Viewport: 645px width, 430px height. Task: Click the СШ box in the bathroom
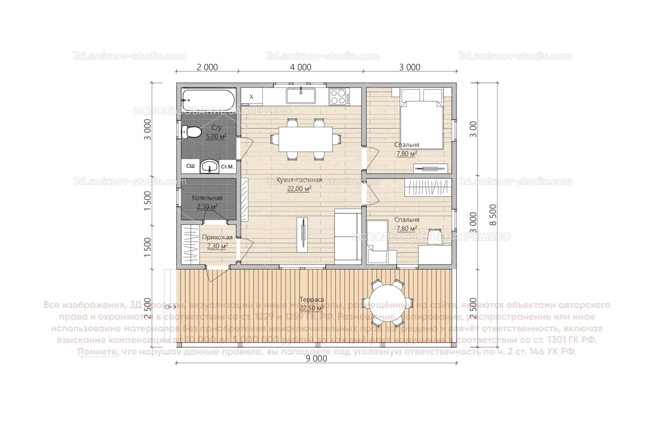pos(191,166)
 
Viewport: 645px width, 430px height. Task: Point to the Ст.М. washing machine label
pos(227,166)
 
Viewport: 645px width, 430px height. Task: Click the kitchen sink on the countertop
pos(301,96)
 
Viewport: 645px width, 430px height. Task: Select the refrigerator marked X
pos(251,96)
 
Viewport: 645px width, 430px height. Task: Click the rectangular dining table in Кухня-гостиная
pos(305,139)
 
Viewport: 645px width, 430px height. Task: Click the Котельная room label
pos(207,198)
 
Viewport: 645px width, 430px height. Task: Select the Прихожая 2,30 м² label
pos(217,242)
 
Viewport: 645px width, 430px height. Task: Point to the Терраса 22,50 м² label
pos(312,304)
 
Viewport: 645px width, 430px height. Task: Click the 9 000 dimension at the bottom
pos(317,359)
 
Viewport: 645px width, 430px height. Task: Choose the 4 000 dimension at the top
pos(301,67)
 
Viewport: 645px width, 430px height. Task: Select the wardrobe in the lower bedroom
pos(428,188)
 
